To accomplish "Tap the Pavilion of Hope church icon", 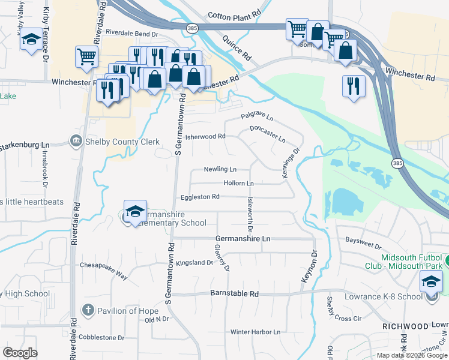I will click(88, 310).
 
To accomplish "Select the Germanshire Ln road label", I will click(243, 239).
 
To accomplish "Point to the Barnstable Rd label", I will click(234, 294).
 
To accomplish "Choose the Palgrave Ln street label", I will click(257, 115).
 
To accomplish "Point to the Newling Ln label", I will click(220, 170).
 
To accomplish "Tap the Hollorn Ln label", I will click(238, 183).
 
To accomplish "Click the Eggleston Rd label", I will click(200, 197).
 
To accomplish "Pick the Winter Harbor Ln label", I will click(255, 332).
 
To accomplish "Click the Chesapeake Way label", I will click(104, 269).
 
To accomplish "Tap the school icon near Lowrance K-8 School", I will click(431, 281).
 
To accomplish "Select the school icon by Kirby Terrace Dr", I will click(31, 40).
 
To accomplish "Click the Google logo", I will click(20, 352).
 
